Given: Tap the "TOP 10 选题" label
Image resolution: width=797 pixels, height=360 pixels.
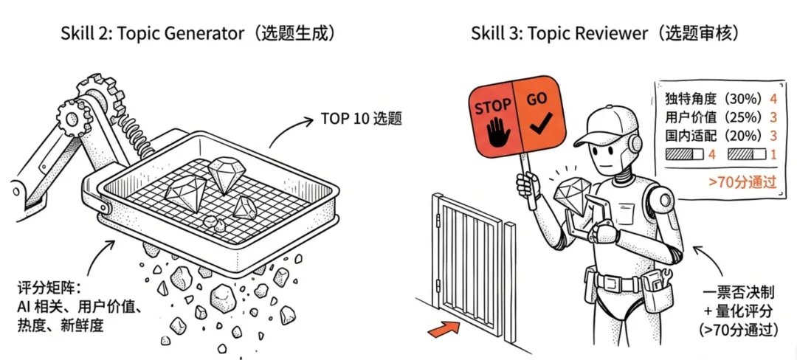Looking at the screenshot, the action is click(x=361, y=118).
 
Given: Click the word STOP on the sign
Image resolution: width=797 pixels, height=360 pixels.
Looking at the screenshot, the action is click(x=491, y=108).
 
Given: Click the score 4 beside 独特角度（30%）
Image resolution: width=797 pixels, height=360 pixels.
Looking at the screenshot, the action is click(x=773, y=98).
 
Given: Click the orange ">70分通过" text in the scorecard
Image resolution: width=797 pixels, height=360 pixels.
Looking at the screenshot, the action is click(x=742, y=181).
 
